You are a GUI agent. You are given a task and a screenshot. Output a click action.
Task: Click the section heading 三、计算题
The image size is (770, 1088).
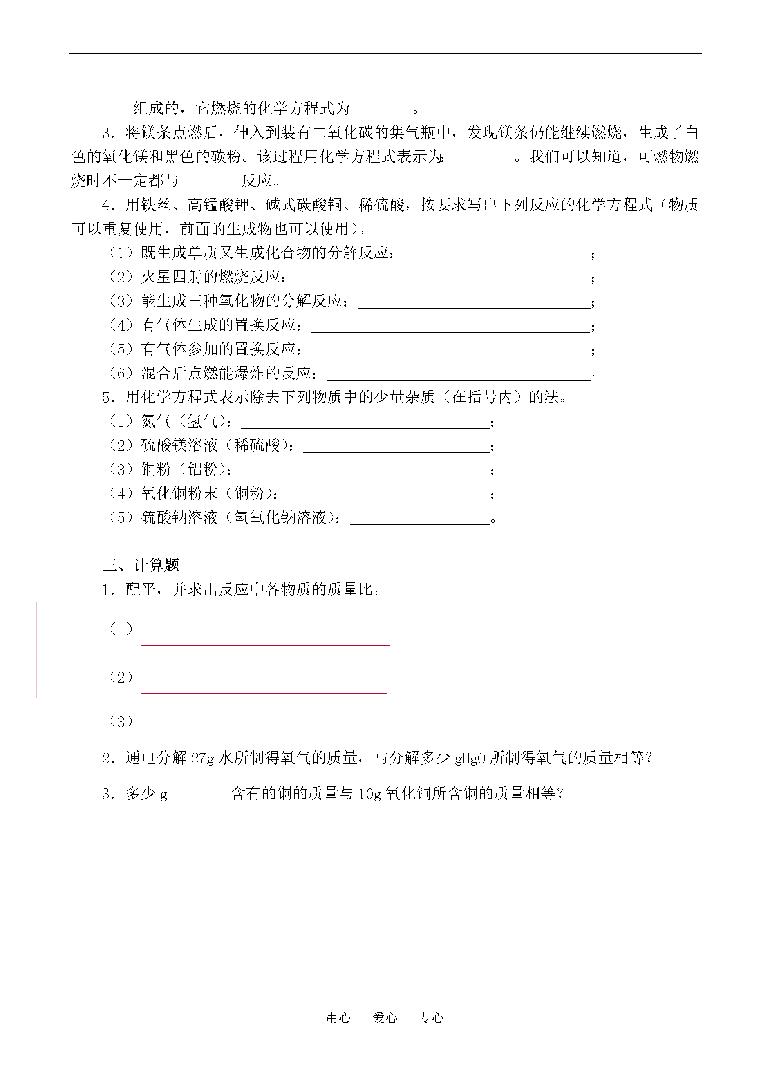pyautogui.click(x=141, y=565)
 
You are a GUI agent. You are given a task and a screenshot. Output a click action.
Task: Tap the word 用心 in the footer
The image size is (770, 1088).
pyautogui.click(x=338, y=1017)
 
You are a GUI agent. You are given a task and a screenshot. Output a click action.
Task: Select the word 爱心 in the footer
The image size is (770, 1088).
pyautogui.click(x=385, y=1017)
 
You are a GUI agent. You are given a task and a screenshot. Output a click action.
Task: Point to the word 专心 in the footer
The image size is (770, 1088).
pyautogui.click(x=431, y=1017)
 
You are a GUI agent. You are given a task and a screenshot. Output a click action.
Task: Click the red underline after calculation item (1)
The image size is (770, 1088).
pyautogui.click(x=265, y=645)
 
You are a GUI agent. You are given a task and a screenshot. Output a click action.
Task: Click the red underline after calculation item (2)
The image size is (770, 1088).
pyautogui.click(x=264, y=693)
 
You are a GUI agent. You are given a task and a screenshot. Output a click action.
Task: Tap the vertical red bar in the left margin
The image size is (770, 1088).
pyautogui.click(x=36, y=649)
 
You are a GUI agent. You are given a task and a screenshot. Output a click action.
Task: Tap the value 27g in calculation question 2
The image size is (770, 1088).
pyautogui.click(x=202, y=759)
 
